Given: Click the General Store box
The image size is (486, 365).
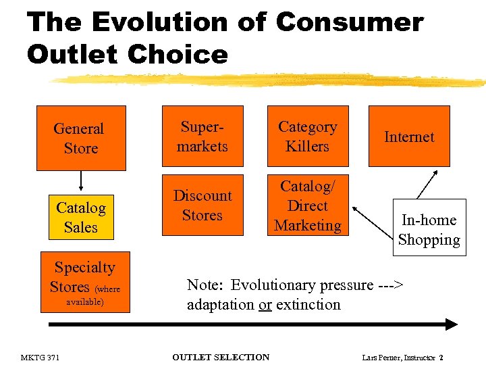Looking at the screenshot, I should click(80, 138).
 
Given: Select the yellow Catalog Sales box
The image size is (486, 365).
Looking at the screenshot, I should click(80, 217).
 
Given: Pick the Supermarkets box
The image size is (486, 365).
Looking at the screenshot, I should click(202, 137).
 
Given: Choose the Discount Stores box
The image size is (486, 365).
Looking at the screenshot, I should click(202, 205).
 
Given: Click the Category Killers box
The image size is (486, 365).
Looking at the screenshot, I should click(308, 137).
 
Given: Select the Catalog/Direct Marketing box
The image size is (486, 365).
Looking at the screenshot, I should click(308, 205).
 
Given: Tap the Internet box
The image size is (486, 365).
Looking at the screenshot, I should click(408, 137).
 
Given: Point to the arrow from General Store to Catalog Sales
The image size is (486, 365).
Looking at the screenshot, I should click(80, 181).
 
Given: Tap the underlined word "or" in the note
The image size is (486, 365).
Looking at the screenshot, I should click(265, 305).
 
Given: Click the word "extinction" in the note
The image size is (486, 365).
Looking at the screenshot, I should click(308, 305).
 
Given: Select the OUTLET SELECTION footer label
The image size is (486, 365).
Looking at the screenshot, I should click(221, 357).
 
